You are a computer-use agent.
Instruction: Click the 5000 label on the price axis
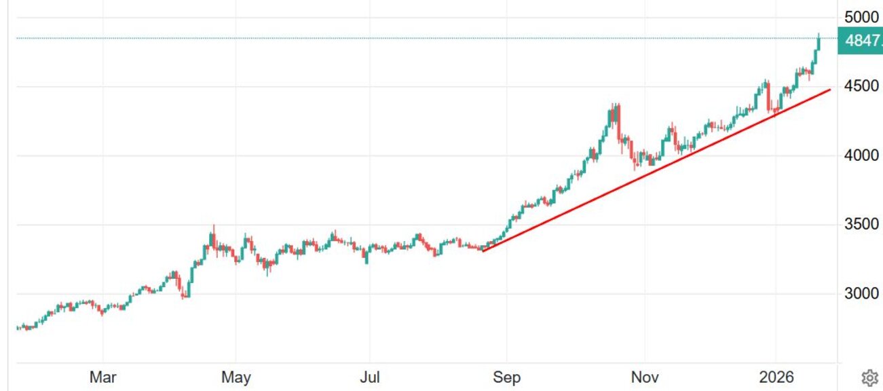860,16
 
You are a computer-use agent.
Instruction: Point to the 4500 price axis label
860,86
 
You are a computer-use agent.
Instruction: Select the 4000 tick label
860,155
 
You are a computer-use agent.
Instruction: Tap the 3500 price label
860,225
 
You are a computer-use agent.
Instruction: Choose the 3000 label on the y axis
860,294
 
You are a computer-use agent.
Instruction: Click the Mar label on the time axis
102,377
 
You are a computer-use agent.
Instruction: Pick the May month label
236,377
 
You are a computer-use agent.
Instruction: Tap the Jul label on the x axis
369,377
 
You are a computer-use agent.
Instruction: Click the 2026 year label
775,377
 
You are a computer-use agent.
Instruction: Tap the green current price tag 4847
861,40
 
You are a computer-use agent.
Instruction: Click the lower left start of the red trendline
483,250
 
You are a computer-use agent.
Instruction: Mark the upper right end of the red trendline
829,90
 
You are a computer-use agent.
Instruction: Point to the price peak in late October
615,106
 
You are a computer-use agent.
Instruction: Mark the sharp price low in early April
185,296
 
